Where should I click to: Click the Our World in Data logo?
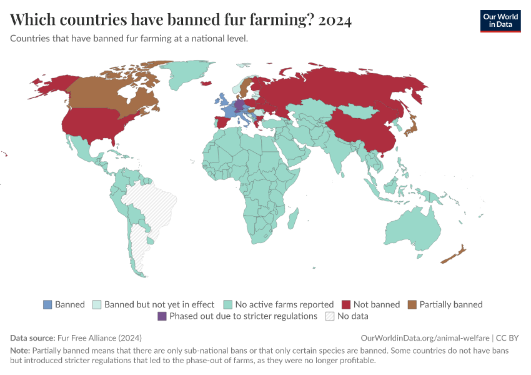pos(500,20)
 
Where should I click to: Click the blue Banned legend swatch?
pos(48,304)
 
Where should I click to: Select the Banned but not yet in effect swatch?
pos(97,304)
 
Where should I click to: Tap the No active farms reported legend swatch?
pos(227,304)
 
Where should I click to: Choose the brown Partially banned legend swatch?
pos(412,304)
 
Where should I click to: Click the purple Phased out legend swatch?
pos(162,316)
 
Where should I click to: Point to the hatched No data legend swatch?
pos(330,316)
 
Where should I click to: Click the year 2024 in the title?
pos(335,20)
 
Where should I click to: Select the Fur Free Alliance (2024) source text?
pos(99,337)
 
